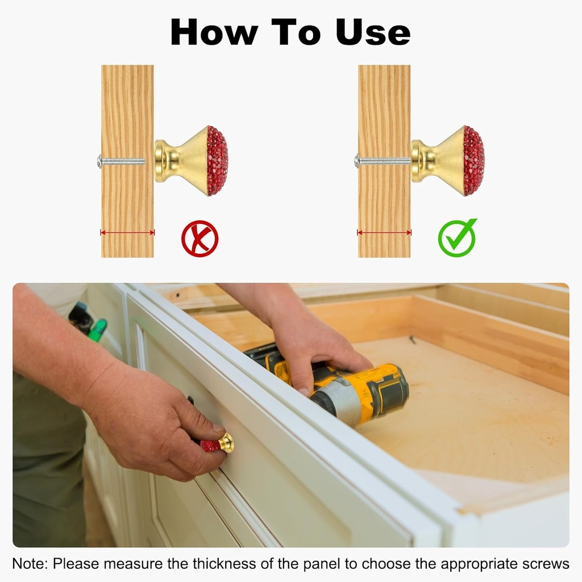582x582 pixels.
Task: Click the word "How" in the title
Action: point(214,32)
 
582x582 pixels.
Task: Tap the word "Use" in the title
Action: point(373,32)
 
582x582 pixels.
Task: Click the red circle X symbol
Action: point(199,239)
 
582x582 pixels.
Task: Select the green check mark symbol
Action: point(458,238)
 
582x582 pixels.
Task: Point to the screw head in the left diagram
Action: point(99,161)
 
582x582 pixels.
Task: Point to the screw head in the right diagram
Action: point(356,161)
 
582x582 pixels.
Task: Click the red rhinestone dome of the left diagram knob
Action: point(218,161)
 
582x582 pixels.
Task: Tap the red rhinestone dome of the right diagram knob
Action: point(474,161)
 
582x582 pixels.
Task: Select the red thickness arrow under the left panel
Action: point(127,232)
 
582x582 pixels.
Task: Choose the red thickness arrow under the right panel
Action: point(384,232)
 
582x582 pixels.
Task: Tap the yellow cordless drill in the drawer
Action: point(334,386)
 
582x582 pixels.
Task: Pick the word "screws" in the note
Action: point(546,564)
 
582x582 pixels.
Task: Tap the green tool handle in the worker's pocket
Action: point(98,330)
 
